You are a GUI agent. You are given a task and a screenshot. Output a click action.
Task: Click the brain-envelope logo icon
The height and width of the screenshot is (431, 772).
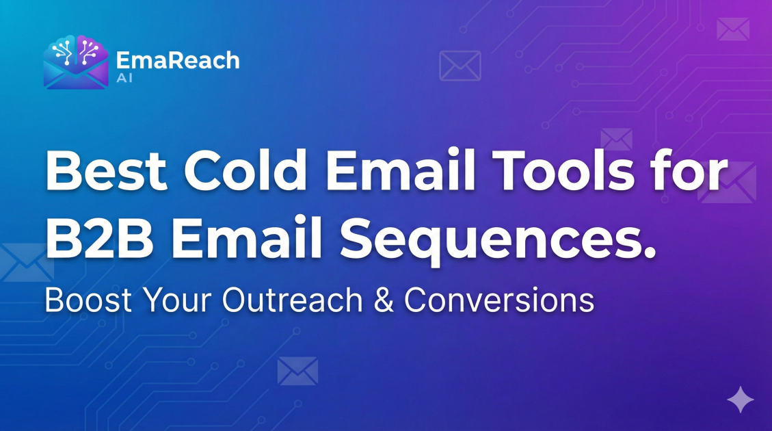coord(75,62)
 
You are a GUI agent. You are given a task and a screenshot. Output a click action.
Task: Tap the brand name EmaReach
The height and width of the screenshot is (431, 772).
coord(178,60)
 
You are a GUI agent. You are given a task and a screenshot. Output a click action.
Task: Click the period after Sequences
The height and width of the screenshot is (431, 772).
coord(648,255)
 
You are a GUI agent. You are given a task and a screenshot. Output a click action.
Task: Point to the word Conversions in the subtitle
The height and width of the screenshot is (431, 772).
coord(499,301)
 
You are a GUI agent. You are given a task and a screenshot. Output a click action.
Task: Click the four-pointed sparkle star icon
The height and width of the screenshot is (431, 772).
coord(740,399)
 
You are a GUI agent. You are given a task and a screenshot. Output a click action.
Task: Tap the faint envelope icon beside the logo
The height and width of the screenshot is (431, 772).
coord(460,66)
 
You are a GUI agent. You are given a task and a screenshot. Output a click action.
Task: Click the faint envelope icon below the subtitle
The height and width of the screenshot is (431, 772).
coord(298,371)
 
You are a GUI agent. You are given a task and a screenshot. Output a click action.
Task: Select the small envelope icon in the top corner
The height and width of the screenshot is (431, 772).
coord(733,29)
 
